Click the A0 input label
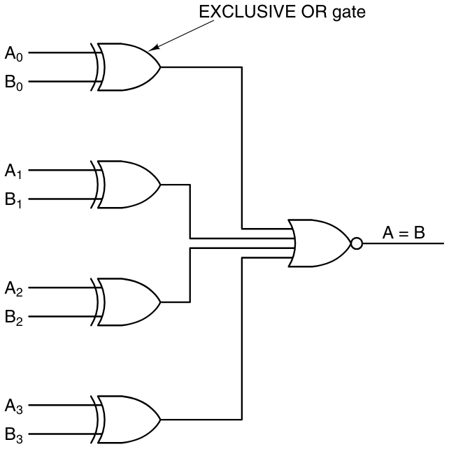pyautogui.click(x=15, y=53)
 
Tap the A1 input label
pyautogui.click(x=15, y=171)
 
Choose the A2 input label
pyautogui.click(x=15, y=288)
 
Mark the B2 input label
pyautogui.click(x=15, y=318)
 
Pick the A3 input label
pyautogui.click(x=15, y=406)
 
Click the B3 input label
pyautogui.click(x=15, y=435)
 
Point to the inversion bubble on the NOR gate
pyautogui.click(x=357, y=244)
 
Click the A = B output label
pyautogui.click(x=404, y=233)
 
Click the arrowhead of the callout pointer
pyautogui.click(x=153, y=48)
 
